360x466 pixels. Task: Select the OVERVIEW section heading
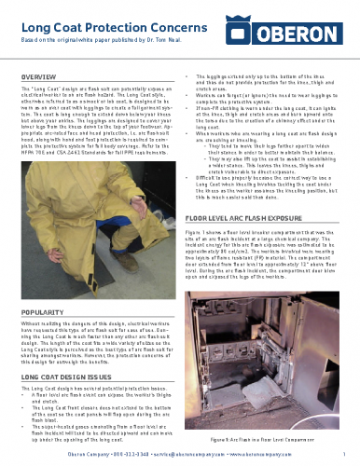pos(42,75)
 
